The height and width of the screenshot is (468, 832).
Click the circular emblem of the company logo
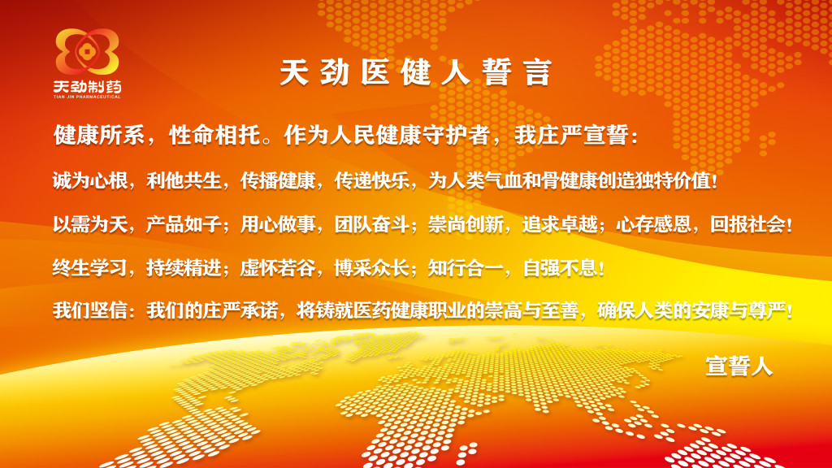(x=87, y=51)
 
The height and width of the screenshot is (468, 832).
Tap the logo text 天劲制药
(x=87, y=86)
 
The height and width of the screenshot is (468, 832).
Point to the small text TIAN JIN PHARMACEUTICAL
(x=87, y=97)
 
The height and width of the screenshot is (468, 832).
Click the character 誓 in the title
(x=497, y=72)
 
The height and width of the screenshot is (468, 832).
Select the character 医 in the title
(x=375, y=72)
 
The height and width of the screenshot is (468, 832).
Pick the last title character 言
(x=538, y=72)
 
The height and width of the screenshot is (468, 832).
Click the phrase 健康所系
(x=98, y=136)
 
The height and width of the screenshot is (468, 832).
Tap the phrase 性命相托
(x=214, y=136)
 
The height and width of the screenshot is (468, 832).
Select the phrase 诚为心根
(x=89, y=181)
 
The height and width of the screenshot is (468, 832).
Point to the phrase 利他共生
(x=184, y=181)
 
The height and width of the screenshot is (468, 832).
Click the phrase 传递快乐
(x=371, y=181)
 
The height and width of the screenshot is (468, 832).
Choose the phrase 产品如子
(x=184, y=224)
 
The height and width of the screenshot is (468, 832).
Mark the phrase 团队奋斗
(x=371, y=224)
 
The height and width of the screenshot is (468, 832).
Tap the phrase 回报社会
(x=747, y=224)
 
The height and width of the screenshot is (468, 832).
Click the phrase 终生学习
(x=89, y=267)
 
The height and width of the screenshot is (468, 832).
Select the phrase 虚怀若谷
(x=278, y=267)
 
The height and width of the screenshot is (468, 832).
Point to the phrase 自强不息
(x=560, y=267)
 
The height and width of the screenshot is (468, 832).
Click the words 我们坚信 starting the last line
(x=89, y=310)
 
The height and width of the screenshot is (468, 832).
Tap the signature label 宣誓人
(x=739, y=366)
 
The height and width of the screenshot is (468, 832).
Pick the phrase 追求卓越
(x=559, y=224)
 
